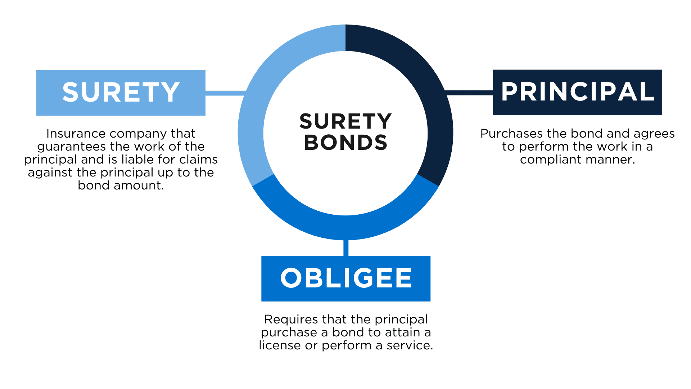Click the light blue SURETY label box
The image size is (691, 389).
[121, 93]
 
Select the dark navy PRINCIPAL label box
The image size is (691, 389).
[577, 92]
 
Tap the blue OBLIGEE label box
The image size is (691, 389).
[346, 278]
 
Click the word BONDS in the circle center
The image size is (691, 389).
[345, 142]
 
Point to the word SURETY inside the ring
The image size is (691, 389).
[345, 121]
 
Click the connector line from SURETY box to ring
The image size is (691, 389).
[226, 93]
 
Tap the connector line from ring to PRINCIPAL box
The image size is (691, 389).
[469, 93]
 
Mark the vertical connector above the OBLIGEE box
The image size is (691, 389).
[346, 248]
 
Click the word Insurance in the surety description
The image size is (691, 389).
[76, 134]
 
